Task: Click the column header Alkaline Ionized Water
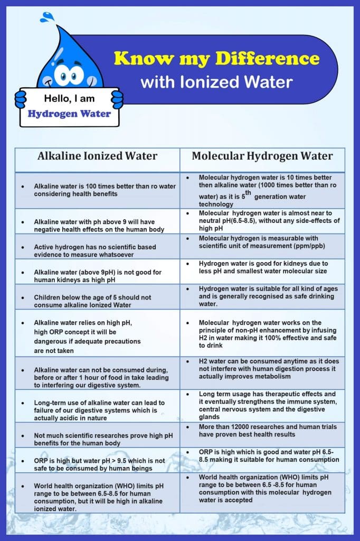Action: (97, 156)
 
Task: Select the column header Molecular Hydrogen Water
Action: (262, 156)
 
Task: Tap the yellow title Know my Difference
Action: (216, 58)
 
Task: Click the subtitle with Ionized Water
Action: (216, 82)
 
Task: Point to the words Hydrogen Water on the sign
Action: (69, 114)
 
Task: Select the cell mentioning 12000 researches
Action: (262, 431)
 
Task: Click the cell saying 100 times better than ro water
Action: (97, 190)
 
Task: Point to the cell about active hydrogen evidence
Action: (97, 247)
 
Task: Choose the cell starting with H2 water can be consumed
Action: (262, 368)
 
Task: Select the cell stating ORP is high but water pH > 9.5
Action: (97, 464)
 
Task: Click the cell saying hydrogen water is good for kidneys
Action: (262, 267)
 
